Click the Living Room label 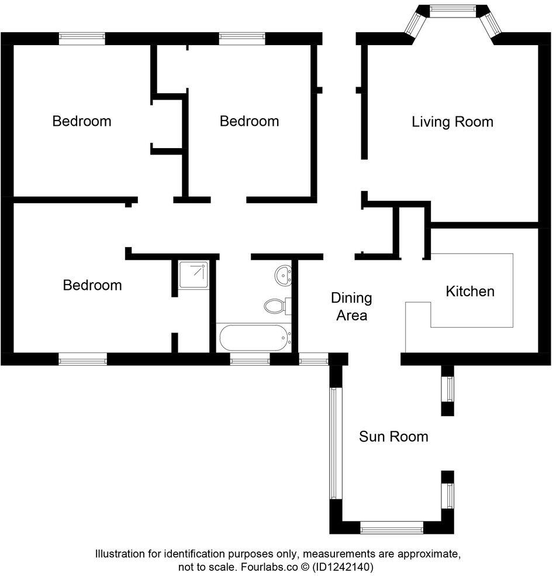click(x=452, y=122)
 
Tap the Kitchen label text click(x=470, y=291)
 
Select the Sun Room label click(x=393, y=436)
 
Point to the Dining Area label click(x=351, y=306)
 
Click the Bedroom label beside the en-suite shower click(x=92, y=285)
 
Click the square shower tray click(x=193, y=275)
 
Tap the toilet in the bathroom click(x=275, y=305)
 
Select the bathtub click(x=254, y=338)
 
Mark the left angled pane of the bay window click(x=416, y=23)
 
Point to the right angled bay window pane click(x=490, y=23)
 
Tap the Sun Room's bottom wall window click(x=391, y=529)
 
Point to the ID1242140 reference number click(x=343, y=567)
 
